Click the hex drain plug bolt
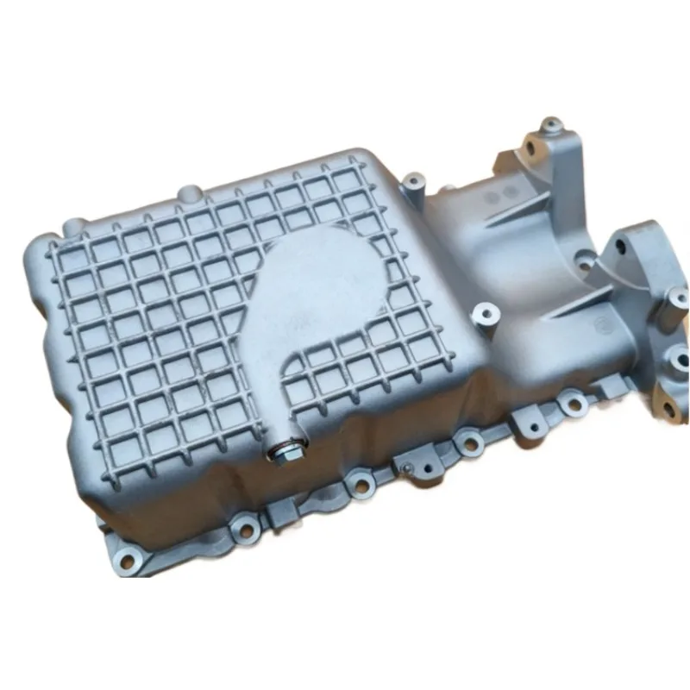pos(286,450)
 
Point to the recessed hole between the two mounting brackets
pos(586,255)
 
